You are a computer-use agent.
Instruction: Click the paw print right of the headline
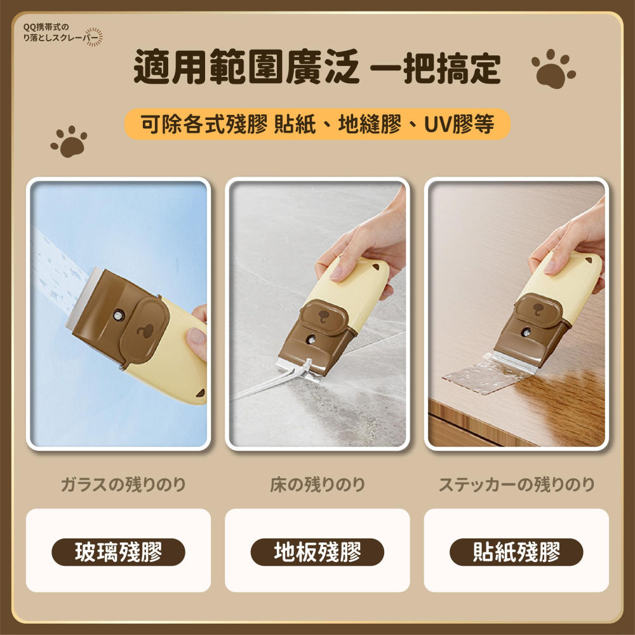point(553,69)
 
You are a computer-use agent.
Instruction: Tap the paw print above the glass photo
point(69,142)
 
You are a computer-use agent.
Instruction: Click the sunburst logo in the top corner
point(93,37)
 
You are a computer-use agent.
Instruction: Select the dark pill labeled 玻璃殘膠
point(118,552)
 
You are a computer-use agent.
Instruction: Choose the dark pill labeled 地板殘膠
point(317,552)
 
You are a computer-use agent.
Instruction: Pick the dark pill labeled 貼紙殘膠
point(516,552)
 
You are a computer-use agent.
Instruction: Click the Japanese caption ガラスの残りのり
point(123,485)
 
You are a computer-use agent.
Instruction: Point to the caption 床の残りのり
point(317,485)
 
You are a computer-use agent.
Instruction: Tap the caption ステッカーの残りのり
point(516,485)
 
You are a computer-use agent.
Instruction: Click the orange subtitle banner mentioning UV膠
point(317,124)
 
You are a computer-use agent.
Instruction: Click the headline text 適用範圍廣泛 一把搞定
point(317,67)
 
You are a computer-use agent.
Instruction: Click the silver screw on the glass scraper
point(118,314)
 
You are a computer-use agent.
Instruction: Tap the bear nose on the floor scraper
point(324,316)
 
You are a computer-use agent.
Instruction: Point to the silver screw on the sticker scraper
point(526,333)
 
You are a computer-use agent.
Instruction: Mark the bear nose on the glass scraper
point(144,331)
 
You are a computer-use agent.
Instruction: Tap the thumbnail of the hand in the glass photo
point(196,336)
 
